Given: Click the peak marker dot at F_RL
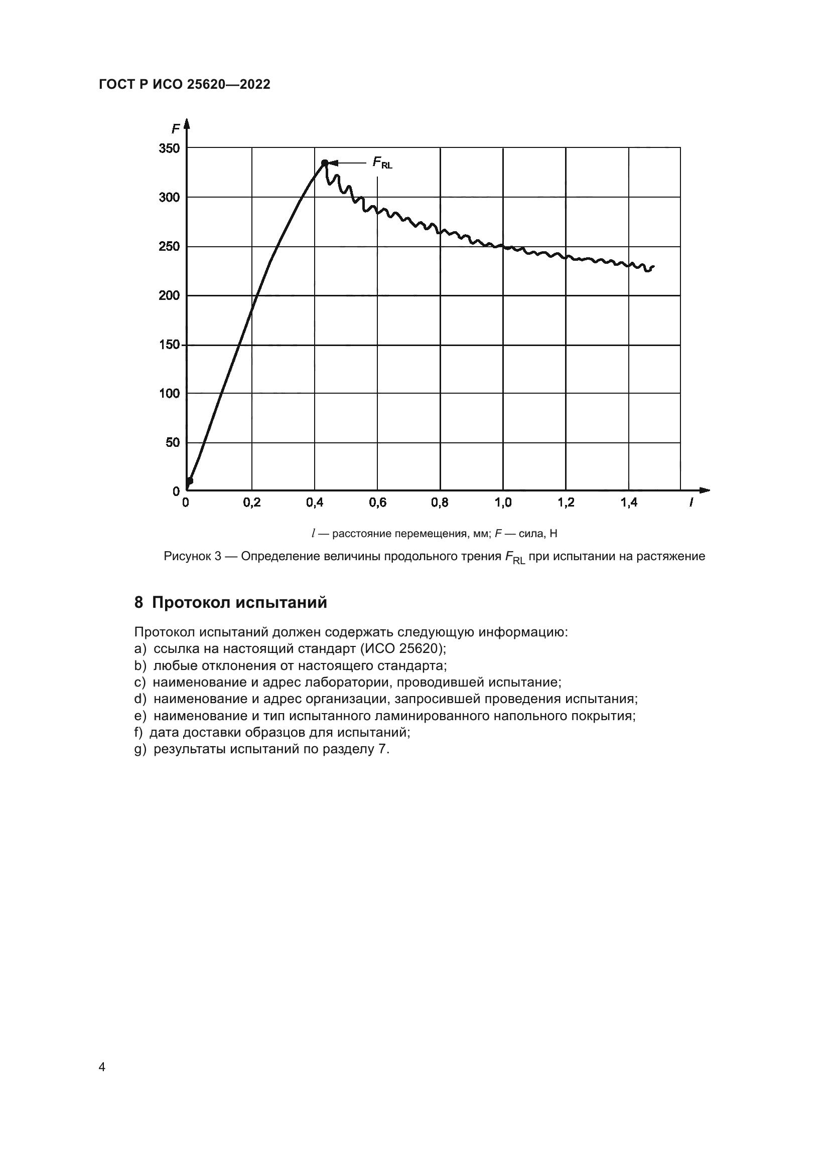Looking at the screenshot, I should pos(325,163).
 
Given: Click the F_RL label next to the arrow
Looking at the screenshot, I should pos(382,163).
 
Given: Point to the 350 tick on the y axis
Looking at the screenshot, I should pos(169,148).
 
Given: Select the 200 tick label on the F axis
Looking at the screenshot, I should pos(169,295).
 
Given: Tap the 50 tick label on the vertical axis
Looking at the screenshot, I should pos(173,442).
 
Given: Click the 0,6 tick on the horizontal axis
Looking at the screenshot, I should pos(377,502).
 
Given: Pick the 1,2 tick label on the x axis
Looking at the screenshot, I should pos(566,502).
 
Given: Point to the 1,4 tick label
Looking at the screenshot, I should pos(629,502).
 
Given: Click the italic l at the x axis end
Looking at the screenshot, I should pos(691,502).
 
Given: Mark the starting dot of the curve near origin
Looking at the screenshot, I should pos(189,481).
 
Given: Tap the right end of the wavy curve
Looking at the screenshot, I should pos(653,266).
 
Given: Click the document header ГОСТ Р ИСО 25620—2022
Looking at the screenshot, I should pos(185,85).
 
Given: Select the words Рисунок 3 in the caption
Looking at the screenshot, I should pos(192,556).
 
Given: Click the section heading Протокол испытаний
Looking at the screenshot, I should pos(239,603).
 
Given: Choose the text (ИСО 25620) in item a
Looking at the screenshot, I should pos(403,649).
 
